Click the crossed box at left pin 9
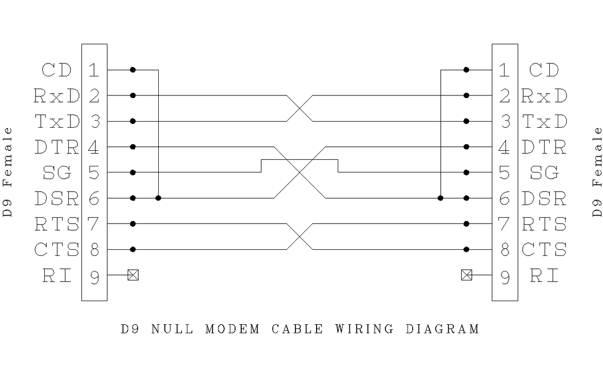133,275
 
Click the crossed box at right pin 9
466,275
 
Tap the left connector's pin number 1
93,70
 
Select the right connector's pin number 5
505,173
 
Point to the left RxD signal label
57,96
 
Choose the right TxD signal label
545,121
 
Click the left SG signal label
57,173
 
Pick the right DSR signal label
545,199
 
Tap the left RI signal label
57,275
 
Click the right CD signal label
545,70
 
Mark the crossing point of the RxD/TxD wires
299,108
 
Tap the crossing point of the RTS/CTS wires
299,236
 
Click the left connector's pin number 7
93,224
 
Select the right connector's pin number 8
505,250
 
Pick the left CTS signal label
57,250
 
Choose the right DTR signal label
545,147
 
